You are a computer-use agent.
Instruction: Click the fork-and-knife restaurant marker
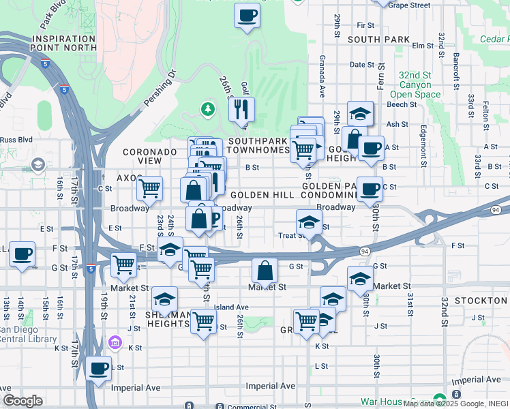(241, 109)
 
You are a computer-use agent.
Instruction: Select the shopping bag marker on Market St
(265, 271)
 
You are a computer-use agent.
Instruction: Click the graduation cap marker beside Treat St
(309, 222)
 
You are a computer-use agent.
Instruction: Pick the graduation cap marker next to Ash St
(360, 114)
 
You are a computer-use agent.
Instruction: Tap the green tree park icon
(207, 108)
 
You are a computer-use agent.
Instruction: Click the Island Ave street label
(232, 307)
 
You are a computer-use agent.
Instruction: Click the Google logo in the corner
(22, 401)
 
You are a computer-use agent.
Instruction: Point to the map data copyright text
(455, 404)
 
